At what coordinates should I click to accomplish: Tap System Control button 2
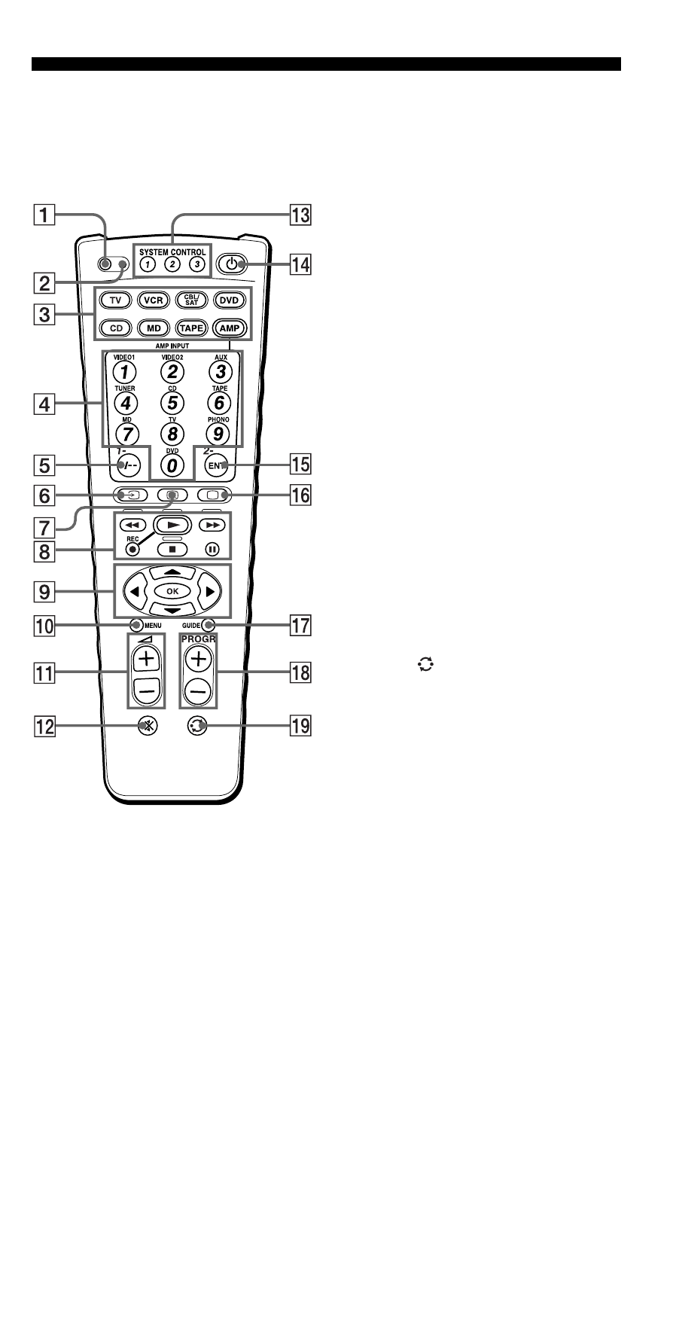(173, 264)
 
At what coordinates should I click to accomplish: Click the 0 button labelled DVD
(173, 466)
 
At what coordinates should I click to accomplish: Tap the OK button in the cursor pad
(172, 591)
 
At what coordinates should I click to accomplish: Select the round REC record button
(132, 548)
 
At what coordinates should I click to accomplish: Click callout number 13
(301, 215)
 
